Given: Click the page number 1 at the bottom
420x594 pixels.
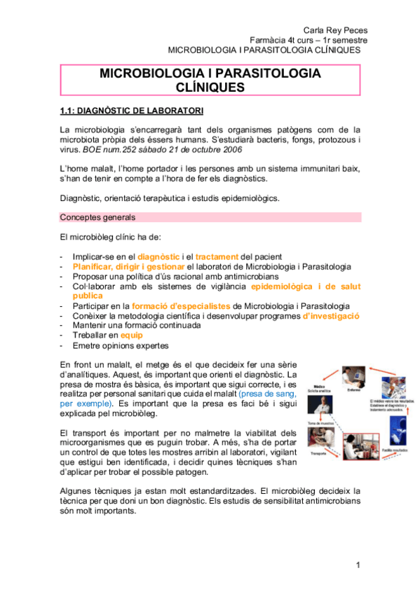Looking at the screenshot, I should (x=358, y=565).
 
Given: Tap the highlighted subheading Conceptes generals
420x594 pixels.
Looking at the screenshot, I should (x=97, y=218).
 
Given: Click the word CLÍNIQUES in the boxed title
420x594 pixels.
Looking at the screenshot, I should (x=210, y=88).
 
